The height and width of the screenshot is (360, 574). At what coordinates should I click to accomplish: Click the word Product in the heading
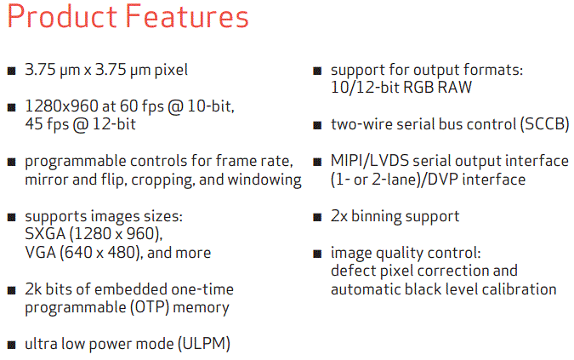coord(62,16)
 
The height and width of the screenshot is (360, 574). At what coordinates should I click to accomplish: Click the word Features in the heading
coord(187,16)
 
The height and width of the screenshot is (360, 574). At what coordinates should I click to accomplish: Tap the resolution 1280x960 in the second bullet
coord(61,106)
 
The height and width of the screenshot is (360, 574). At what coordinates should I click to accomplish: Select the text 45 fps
coord(47,124)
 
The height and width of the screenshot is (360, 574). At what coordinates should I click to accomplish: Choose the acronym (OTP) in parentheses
coord(150,307)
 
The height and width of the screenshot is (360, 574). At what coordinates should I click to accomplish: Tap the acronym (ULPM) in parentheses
coord(204,344)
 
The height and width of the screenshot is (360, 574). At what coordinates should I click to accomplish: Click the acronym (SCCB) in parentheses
coord(545,124)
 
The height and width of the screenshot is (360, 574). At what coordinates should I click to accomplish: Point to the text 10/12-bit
coord(365,88)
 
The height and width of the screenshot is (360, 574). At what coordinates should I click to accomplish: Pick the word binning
coord(376,216)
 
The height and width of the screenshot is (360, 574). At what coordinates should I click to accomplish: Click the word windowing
coord(264,180)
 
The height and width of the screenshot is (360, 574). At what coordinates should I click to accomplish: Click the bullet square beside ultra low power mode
coord(12,345)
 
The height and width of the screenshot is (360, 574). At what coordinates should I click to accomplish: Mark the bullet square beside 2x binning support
coord(317,217)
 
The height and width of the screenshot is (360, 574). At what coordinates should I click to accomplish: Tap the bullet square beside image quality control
coord(317,254)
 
